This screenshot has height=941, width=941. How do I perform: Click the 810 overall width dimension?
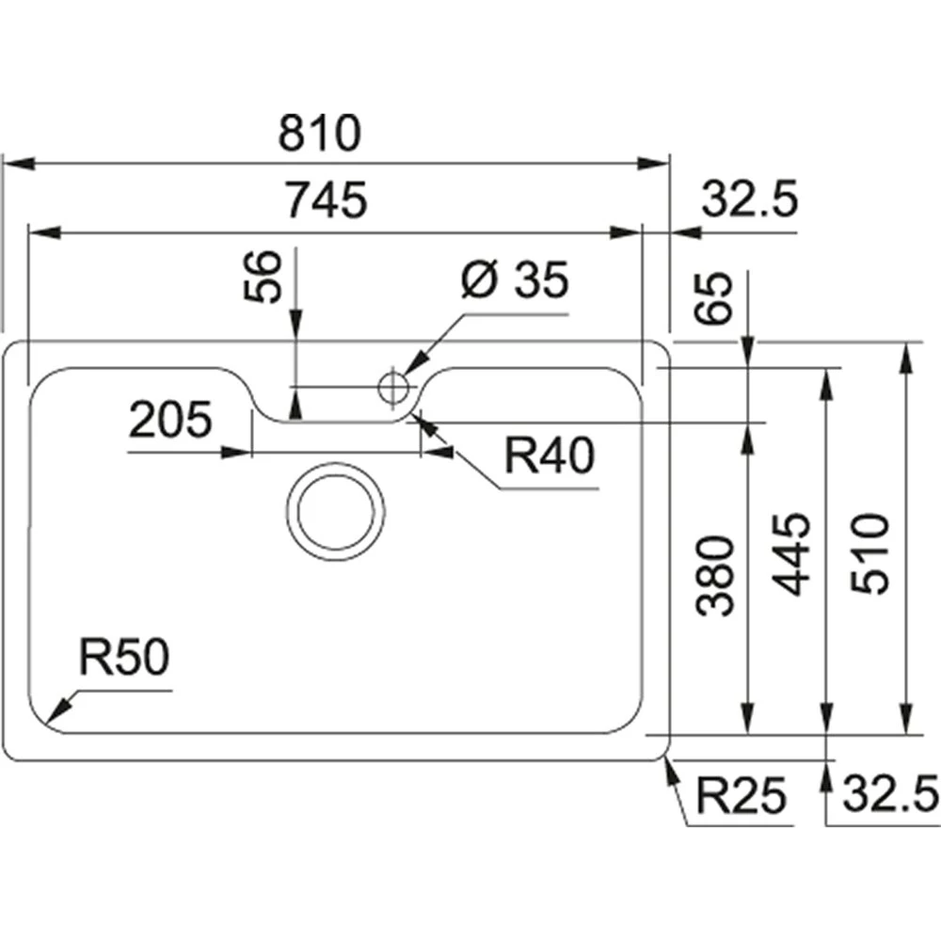click(x=319, y=135)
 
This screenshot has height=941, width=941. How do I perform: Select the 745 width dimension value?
click(x=325, y=200)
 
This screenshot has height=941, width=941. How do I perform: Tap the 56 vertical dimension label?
click(x=266, y=277)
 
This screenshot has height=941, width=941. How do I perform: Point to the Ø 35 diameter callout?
click(x=515, y=281)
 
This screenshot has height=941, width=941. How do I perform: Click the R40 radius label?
click(x=550, y=457)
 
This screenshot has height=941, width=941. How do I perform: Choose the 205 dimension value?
click(x=170, y=420)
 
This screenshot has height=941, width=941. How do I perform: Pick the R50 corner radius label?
click(x=123, y=660)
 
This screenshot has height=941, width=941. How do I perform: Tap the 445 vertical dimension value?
click(x=793, y=553)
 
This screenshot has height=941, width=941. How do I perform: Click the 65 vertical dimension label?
click(x=719, y=297)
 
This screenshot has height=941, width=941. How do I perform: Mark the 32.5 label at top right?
click(x=750, y=199)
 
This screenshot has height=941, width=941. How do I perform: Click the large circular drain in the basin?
click(x=336, y=512)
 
